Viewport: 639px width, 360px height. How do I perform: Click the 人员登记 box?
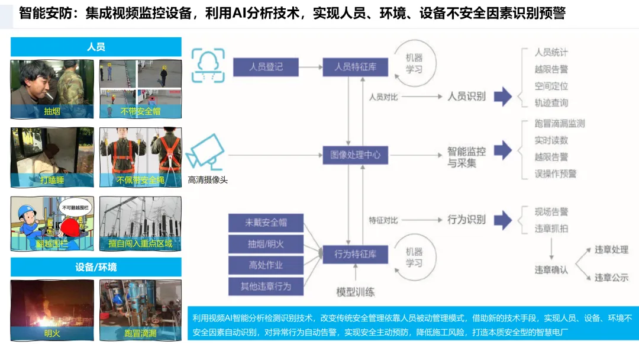[x=266, y=67]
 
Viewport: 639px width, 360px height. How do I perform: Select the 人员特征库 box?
[x=355, y=67]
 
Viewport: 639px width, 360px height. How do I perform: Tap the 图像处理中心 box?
[x=355, y=156]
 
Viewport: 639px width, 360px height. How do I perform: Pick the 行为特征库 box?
[x=355, y=255]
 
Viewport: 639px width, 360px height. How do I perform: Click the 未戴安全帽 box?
[x=266, y=223]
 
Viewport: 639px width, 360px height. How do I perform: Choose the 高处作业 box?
[x=266, y=265]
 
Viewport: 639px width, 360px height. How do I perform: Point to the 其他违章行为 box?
[x=266, y=287]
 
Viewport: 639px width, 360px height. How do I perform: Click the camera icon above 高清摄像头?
[x=206, y=153]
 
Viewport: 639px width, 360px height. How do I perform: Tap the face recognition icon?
[x=207, y=65]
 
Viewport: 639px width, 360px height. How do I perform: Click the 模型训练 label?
[x=355, y=292]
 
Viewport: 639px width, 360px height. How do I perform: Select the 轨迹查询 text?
[x=551, y=102]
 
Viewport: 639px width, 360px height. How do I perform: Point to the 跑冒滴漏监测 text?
[x=559, y=124]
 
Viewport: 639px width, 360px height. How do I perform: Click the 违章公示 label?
[x=611, y=277]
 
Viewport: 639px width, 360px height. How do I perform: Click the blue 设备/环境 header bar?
[x=96, y=267]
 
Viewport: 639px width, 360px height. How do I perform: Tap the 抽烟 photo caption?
[x=52, y=111]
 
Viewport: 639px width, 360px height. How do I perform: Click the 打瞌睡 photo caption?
[x=52, y=180]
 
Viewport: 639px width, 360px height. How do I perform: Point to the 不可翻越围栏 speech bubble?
[x=75, y=207]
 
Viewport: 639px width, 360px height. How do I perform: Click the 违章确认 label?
[x=551, y=270]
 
